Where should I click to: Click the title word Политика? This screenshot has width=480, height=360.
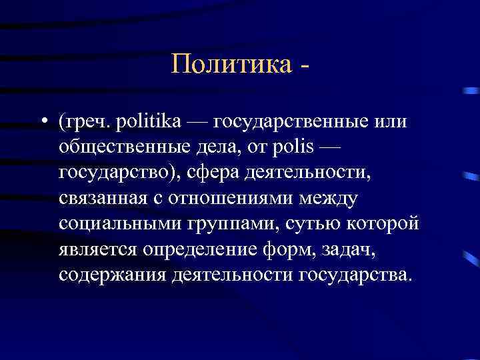coord(231,64)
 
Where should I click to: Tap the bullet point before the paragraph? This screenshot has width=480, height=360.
coord(43,122)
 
